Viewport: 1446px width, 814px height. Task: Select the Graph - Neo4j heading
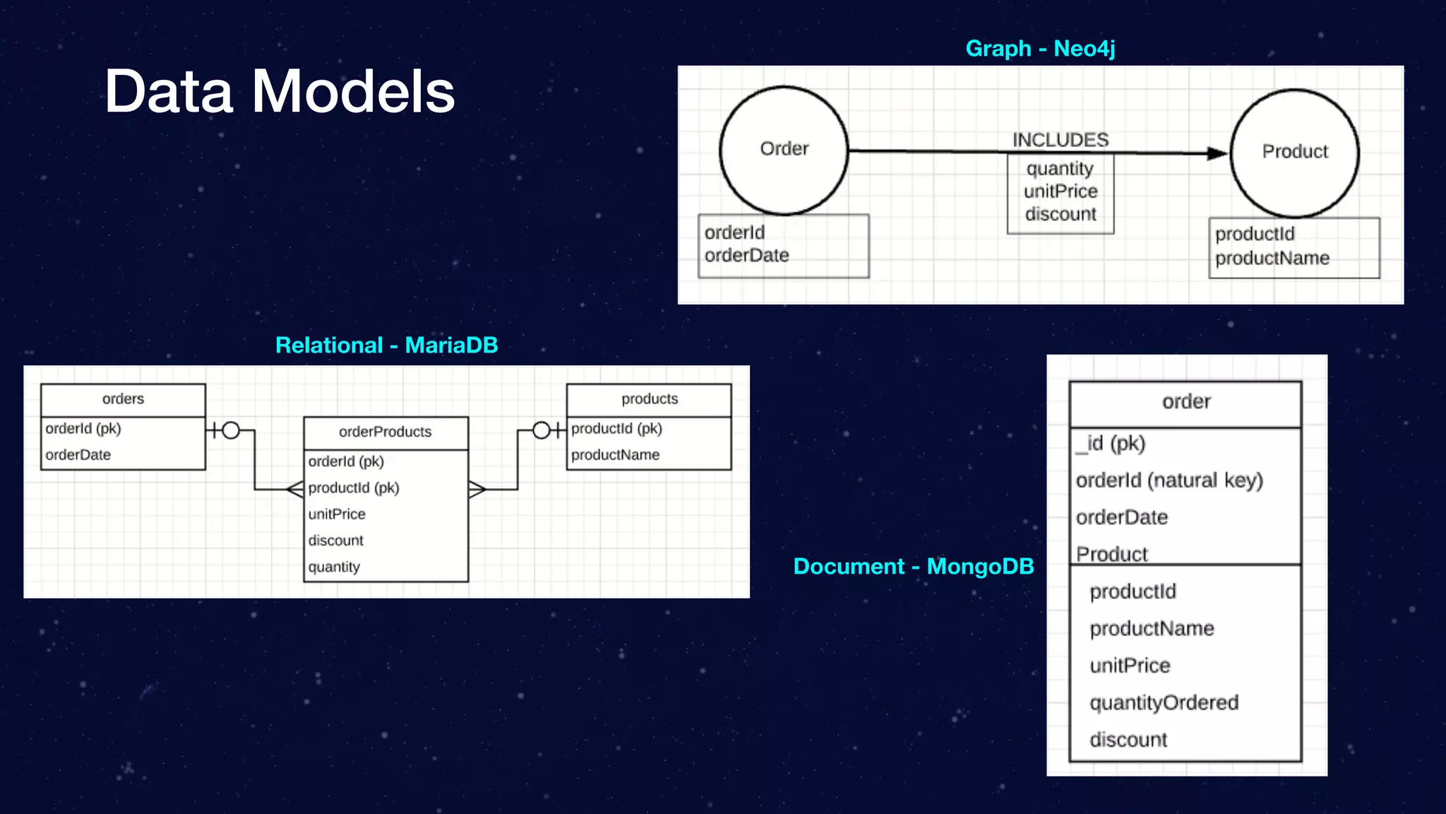[1040, 48]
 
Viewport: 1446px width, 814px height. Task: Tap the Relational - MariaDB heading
[386, 345]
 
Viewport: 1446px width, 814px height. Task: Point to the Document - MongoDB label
[913, 566]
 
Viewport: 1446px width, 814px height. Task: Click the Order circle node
[784, 149]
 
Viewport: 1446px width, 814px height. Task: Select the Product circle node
[1294, 152]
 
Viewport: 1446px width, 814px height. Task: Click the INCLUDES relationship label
[1060, 140]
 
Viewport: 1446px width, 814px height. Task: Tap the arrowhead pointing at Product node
[1217, 153]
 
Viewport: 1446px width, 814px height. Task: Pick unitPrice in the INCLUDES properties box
[1060, 191]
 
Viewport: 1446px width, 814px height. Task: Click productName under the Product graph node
[1272, 258]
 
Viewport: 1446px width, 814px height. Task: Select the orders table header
[123, 399]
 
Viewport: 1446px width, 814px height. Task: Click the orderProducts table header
[385, 432]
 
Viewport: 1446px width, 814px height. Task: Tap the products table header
[649, 399]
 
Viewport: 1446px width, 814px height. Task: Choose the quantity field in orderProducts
[334, 567]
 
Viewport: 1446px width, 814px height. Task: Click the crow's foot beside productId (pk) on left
[295, 488]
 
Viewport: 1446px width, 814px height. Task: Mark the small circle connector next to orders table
[231, 430]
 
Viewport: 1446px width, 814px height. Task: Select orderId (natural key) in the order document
[1169, 480]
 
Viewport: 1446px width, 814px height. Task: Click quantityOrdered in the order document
[1164, 702]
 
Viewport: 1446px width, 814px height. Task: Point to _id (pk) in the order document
[1111, 444]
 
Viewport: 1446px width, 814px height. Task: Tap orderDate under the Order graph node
[746, 255]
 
